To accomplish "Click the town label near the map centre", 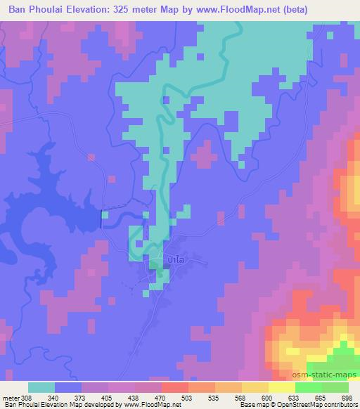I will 176,259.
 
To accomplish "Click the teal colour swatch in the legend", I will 41,387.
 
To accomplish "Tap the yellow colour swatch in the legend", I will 281,387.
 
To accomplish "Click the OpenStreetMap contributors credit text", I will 312,405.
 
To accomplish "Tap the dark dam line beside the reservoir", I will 103,219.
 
